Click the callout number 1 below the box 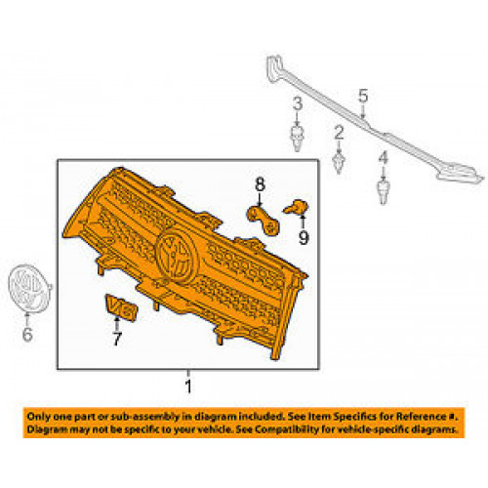point(188,386)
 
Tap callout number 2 point(339,133)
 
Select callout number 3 point(298,103)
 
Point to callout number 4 point(384,157)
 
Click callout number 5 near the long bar point(363,96)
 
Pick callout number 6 point(27,334)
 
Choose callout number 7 point(117,339)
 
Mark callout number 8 point(260,184)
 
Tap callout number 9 point(304,238)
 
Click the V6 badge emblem point(121,307)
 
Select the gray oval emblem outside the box point(29,289)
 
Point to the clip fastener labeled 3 point(297,139)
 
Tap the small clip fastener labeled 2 point(339,163)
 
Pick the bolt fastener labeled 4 point(384,191)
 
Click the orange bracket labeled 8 point(264,220)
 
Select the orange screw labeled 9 point(296,207)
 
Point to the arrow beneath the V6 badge point(116,324)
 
